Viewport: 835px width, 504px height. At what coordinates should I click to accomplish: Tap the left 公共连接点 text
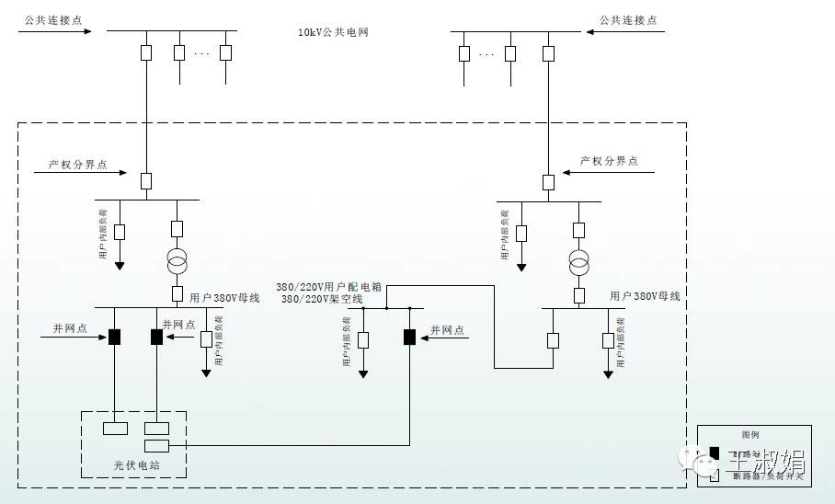[x=47, y=20]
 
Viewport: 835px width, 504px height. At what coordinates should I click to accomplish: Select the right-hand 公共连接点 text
[x=628, y=20]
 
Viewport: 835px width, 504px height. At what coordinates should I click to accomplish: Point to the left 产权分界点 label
[x=78, y=166]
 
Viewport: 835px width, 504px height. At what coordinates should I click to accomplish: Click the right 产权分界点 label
[x=609, y=161]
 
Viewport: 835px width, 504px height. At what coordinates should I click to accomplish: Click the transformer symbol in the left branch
[x=177, y=262]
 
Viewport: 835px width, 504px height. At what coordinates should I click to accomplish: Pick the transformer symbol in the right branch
[x=578, y=264]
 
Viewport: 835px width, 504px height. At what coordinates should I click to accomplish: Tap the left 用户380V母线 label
[x=225, y=297]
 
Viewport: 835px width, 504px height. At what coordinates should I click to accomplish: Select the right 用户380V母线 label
[x=645, y=296]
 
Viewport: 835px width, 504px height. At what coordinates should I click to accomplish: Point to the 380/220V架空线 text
[x=322, y=299]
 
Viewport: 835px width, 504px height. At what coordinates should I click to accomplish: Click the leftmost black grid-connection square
[x=115, y=337]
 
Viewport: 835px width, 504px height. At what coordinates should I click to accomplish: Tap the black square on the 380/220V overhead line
[x=409, y=337]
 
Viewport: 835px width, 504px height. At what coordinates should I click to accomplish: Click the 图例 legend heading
[x=750, y=435]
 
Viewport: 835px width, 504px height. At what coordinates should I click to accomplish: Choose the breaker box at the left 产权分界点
[x=146, y=181]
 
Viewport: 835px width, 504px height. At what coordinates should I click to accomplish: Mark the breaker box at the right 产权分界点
[x=548, y=182]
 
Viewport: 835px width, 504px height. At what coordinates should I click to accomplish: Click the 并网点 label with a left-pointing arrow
[x=447, y=330]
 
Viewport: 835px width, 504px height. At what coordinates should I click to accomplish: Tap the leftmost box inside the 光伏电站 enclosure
[x=115, y=428]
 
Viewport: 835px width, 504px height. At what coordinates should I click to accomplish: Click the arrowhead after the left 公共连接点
[x=87, y=32]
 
